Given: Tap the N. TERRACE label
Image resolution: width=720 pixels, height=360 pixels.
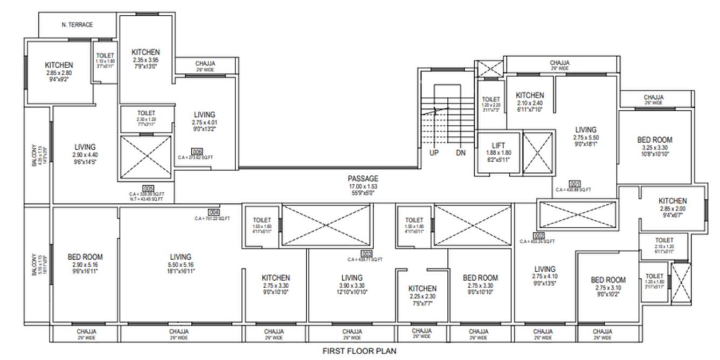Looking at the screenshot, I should pos(77,25).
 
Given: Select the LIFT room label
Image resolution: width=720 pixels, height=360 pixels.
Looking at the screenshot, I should pos(498,146).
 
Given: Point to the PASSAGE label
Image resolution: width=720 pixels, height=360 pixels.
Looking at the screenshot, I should pos(363,178).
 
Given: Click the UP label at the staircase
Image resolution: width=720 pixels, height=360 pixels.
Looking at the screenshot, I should pos(434,153).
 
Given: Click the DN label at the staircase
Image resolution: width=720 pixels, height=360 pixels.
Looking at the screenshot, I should pos(460,153).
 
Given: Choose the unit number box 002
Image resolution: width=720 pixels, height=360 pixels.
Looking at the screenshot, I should pos(538,236).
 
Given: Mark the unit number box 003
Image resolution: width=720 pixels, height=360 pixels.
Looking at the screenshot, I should pos(366,253).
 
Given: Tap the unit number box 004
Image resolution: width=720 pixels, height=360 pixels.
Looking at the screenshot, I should pos(213,212).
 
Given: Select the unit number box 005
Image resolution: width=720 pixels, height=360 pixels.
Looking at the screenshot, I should pos(149,188).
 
